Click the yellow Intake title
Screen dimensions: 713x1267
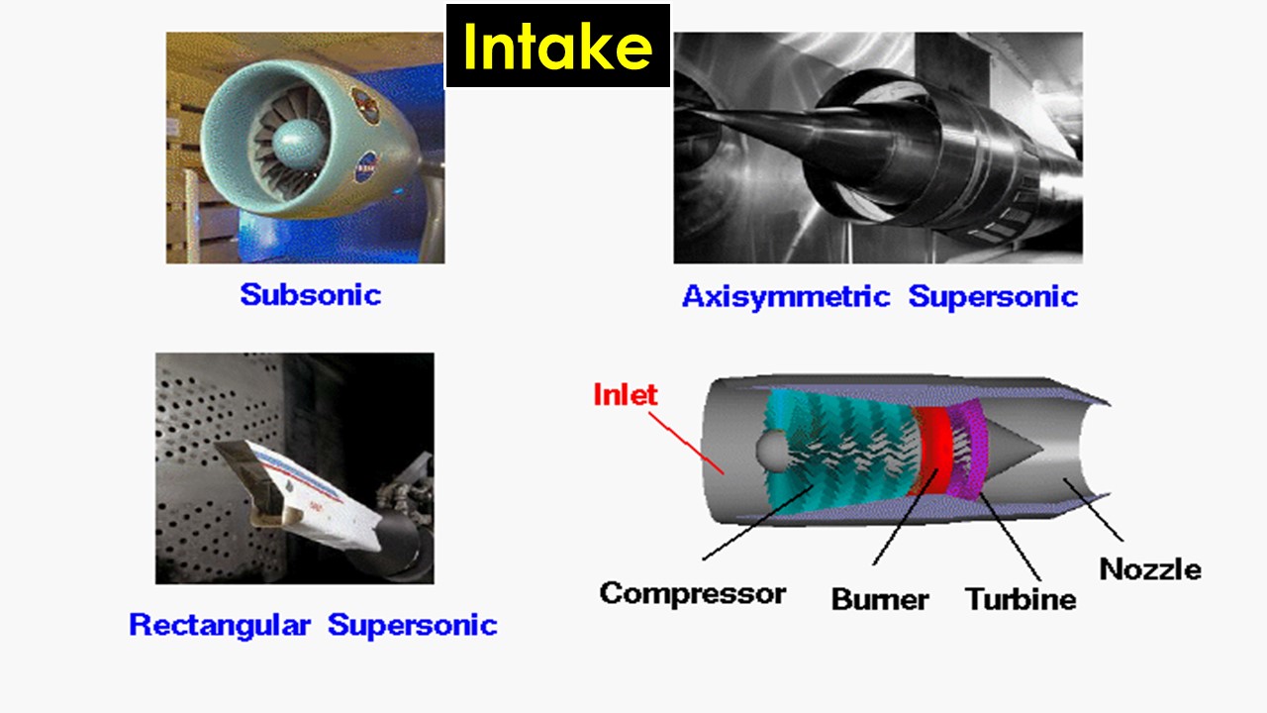pos(557,47)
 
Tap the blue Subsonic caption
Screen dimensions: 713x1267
pos(310,294)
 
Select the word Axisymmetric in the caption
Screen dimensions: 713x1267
pos(786,296)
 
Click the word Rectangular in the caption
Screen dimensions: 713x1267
pos(219,625)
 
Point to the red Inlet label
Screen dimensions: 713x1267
pos(625,394)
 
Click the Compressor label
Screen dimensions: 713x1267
pos(692,593)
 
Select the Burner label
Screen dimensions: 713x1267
pos(880,599)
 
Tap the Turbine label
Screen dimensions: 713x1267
pos(1021,599)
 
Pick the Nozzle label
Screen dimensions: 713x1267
pos(1150,569)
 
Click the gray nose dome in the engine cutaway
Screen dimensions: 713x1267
pos(771,452)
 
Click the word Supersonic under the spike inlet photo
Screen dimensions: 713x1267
pos(993,296)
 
